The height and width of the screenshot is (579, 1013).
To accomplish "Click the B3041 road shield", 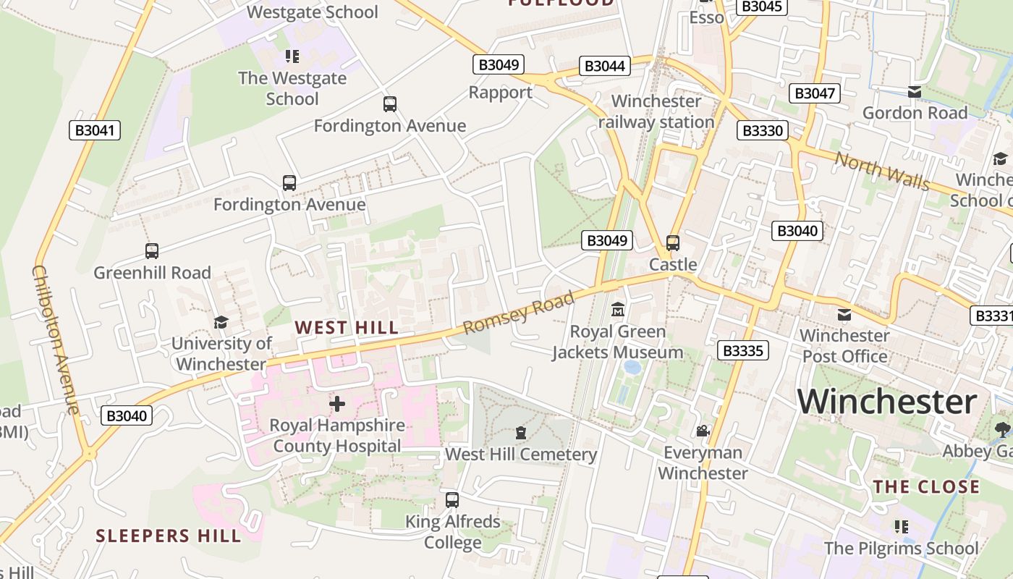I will (94, 130).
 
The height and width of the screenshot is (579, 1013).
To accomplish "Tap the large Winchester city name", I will (887, 401).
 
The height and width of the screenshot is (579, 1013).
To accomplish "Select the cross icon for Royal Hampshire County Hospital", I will (337, 404).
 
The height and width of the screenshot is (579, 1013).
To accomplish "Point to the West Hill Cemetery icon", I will (520, 434).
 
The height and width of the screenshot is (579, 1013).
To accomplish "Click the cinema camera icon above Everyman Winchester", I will (703, 431).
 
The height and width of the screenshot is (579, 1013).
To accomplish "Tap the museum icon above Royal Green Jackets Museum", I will (617, 310).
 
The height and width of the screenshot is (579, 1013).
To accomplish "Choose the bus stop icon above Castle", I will (673, 243).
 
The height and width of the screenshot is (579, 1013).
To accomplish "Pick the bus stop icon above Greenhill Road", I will (152, 251).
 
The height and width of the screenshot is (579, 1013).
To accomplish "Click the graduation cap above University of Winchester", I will (221, 322).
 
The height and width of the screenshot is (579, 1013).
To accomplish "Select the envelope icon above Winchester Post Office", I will (844, 315).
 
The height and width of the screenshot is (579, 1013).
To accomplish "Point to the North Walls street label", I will (882, 171).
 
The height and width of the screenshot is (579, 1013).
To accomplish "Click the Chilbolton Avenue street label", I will (55, 339).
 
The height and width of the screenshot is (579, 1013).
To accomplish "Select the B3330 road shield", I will (763, 130).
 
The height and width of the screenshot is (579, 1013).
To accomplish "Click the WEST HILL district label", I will (347, 328).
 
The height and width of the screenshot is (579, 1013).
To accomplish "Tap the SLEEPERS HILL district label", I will (169, 536).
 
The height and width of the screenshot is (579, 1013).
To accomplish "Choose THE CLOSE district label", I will (926, 486).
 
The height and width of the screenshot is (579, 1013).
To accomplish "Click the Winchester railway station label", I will (656, 111).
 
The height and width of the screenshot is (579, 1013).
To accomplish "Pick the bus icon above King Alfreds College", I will (452, 500).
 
